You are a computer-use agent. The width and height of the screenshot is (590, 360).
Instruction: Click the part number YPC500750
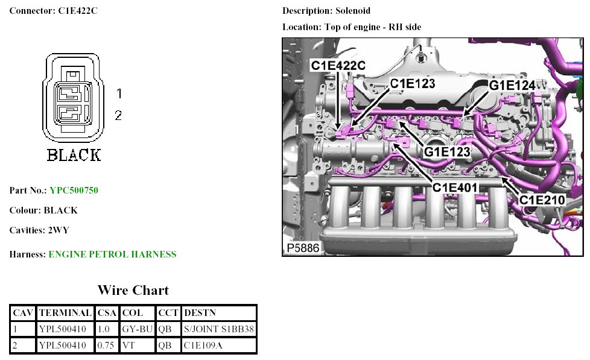pos(74,191)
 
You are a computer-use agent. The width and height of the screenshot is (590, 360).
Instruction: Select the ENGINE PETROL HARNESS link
pos(112,254)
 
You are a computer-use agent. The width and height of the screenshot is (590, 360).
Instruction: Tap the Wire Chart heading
pos(133,290)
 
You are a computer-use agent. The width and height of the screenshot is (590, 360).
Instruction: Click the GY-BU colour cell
pos(138,329)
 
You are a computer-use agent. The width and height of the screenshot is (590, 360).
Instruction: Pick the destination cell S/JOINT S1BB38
pos(219,329)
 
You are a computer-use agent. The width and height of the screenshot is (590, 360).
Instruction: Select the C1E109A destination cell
pos(203,346)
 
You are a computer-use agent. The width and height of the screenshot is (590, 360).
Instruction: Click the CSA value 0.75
pos(106,346)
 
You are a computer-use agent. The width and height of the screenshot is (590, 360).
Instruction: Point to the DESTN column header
pos(200,312)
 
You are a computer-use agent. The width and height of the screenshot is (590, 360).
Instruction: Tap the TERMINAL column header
pos(65,312)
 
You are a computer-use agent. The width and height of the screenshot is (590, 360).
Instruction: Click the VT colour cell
pos(128,346)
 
